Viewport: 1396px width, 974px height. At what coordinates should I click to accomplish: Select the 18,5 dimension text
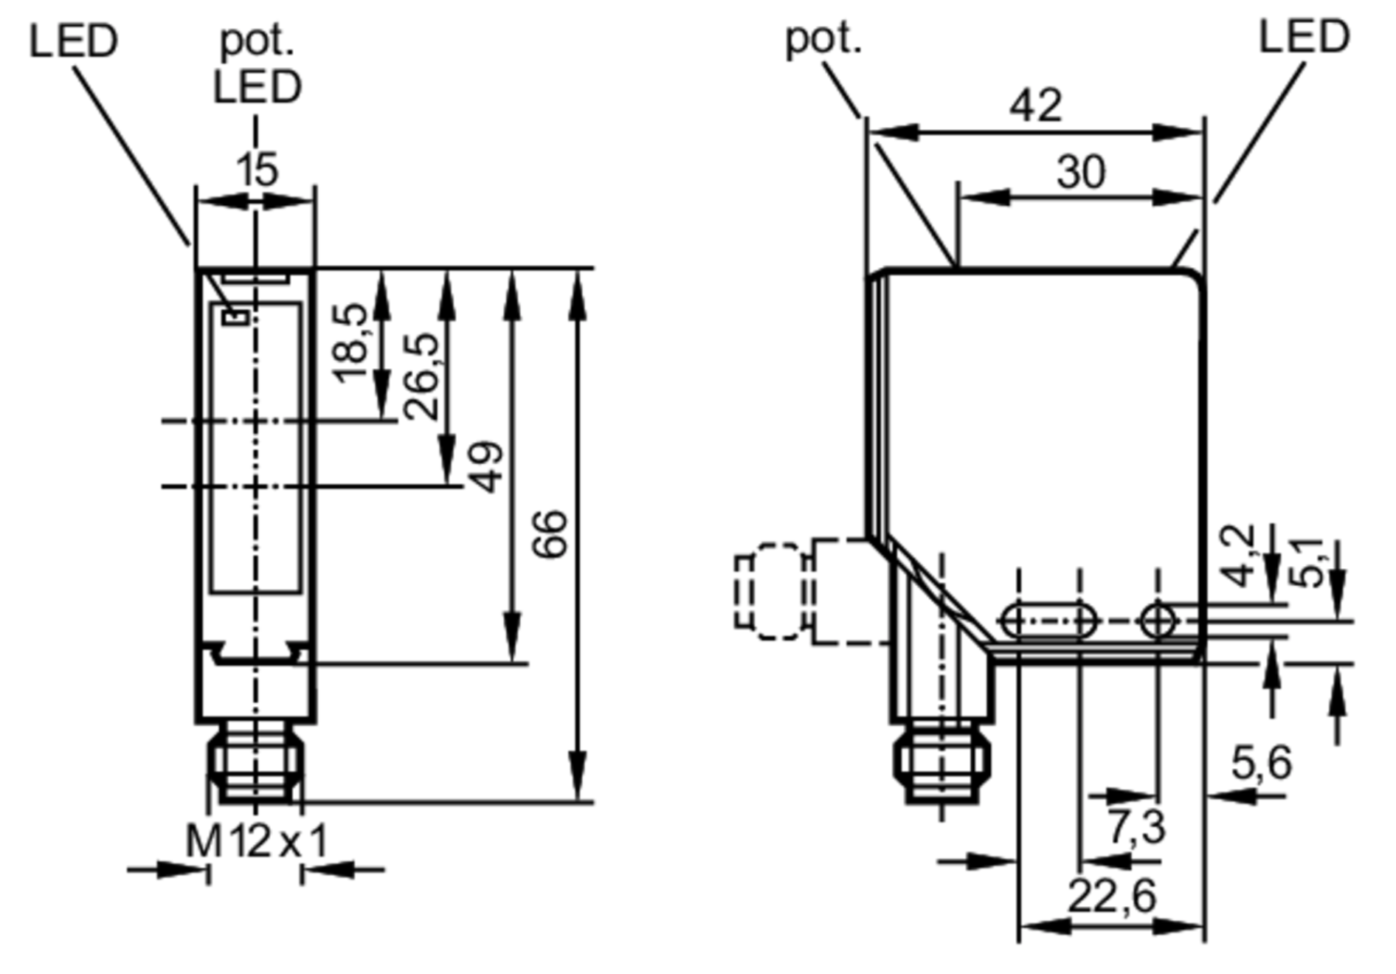350,343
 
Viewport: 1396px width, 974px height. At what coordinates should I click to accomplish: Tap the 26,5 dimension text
421,376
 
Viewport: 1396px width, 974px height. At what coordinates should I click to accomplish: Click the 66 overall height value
550,533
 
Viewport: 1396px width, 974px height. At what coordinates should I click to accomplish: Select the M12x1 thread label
256,840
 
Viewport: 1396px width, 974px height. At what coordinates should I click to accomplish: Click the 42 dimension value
1036,106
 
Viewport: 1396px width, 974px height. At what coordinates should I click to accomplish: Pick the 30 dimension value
1081,172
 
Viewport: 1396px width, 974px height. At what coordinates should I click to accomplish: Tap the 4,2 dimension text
1237,556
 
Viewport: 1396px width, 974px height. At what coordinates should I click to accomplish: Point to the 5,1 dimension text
1307,562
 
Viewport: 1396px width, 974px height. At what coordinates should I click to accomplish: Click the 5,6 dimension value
1262,763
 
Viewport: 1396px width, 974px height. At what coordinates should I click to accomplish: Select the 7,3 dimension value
1137,826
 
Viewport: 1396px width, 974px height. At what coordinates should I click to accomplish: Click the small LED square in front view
237,317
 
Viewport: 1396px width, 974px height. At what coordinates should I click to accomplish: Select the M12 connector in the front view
256,762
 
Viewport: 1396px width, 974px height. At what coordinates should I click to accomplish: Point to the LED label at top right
1304,36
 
